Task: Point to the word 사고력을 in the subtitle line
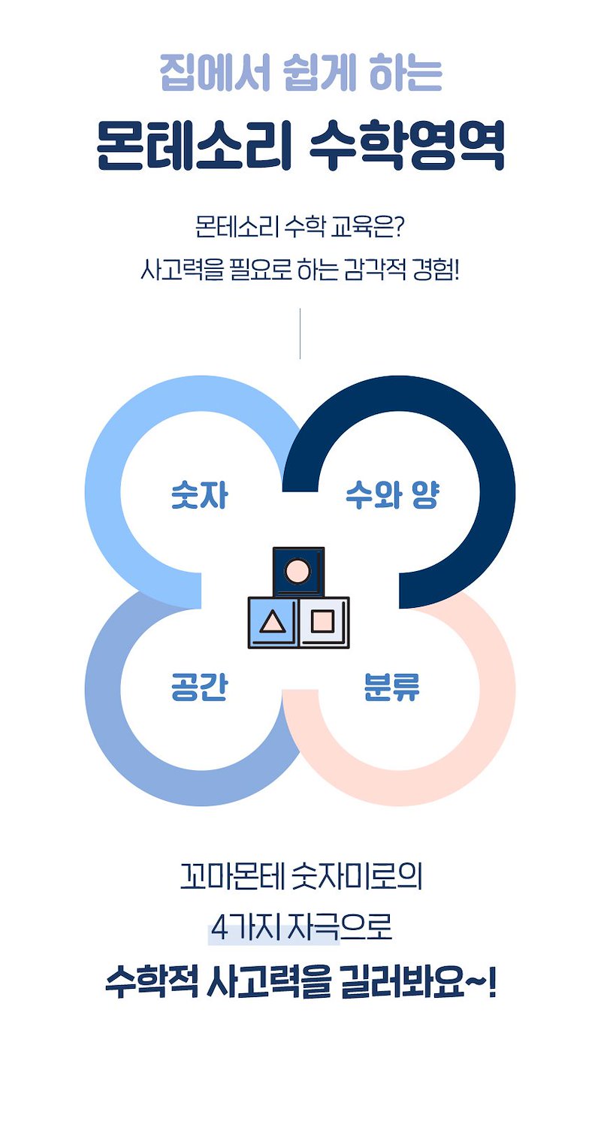pyautogui.click(x=183, y=268)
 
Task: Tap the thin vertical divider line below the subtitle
pyautogui.click(x=300, y=333)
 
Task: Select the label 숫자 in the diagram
pyautogui.click(x=199, y=497)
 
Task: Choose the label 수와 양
pyautogui.click(x=391, y=497)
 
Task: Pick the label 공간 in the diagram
pyautogui.click(x=199, y=687)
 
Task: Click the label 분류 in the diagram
pyautogui.click(x=391, y=687)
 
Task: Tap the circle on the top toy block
pyautogui.click(x=298, y=570)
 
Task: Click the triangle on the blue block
pyautogui.click(x=272, y=622)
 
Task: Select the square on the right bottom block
pyautogui.click(x=323, y=621)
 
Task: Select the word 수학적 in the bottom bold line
pyautogui.click(x=150, y=983)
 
